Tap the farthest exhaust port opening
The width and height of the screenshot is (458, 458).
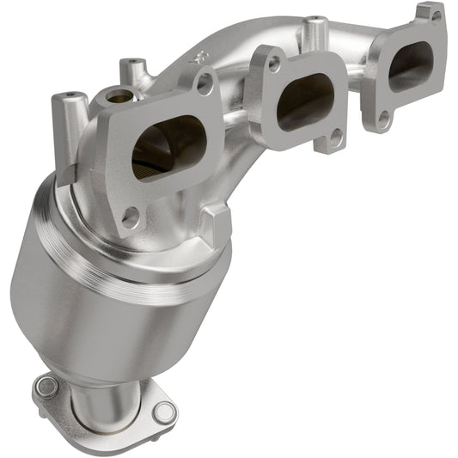click(x=410, y=66)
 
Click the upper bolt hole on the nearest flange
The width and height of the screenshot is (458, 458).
click(x=204, y=82)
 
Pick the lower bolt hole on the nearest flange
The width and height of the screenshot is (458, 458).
click(x=130, y=217)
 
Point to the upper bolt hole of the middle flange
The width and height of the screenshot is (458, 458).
click(x=274, y=64)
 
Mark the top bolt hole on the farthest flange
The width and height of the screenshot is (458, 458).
click(x=437, y=15)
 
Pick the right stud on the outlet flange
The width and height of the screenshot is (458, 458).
click(x=162, y=411)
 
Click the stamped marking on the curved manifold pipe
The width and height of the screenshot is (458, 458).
click(x=204, y=58)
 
